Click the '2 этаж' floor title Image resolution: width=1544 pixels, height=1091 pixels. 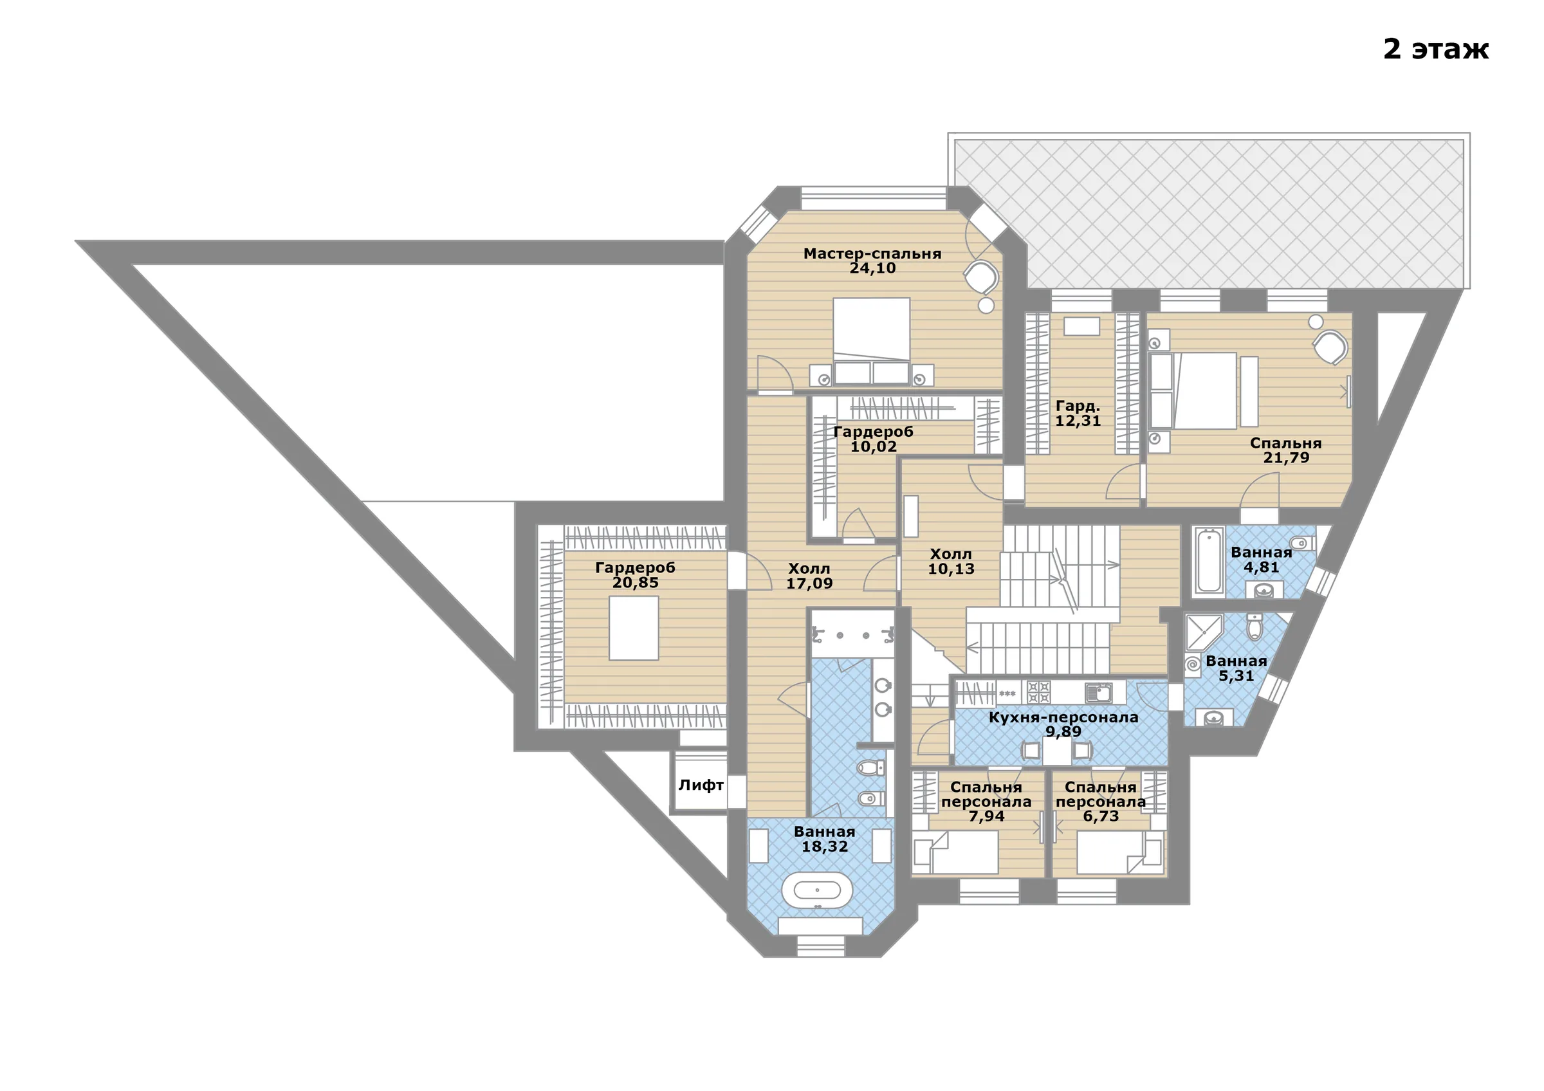[x=1436, y=49]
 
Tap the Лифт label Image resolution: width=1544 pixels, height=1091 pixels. [x=701, y=785]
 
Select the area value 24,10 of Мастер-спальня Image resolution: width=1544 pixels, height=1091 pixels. [x=872, y=268]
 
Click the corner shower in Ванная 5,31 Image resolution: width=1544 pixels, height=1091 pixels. [x=1204, y=632]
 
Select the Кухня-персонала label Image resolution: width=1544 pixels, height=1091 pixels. [x=1063, y=717]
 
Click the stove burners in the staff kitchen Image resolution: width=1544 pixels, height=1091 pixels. [x=1039, y=692]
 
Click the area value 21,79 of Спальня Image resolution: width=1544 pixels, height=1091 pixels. [x=1286, y=458]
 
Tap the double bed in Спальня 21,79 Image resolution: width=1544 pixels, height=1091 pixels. [x=1193, y=390]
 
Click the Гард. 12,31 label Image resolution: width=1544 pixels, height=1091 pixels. [x=1078, y=414]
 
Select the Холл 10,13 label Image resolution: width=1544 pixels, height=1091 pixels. [x=951, y=562]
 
